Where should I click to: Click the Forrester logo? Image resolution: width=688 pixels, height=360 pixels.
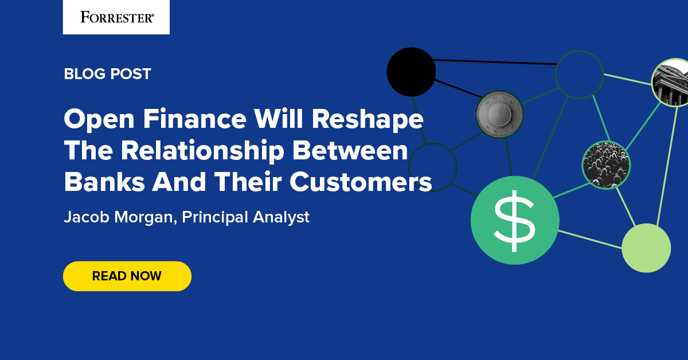[x=116, y=17]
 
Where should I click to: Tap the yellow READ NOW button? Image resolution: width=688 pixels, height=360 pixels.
[x=127, y=276]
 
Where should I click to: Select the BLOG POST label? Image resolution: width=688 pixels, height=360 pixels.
[x=107, y=74]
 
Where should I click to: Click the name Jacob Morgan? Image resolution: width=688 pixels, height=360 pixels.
[x=118, y=217]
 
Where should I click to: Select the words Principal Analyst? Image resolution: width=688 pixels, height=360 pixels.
[x=245, y=217]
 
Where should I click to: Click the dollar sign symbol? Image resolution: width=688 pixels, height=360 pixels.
[x=514, y=220]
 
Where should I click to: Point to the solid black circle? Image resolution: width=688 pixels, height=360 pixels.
[x=411, y=72]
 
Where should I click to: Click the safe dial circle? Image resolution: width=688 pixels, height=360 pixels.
[x=499, y=114]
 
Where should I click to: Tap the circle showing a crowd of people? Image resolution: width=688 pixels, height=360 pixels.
[x=606, y=165]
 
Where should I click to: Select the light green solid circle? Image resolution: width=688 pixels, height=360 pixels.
[x=646, y=248]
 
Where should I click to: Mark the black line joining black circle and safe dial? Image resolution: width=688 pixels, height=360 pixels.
[x=456, y=89]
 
